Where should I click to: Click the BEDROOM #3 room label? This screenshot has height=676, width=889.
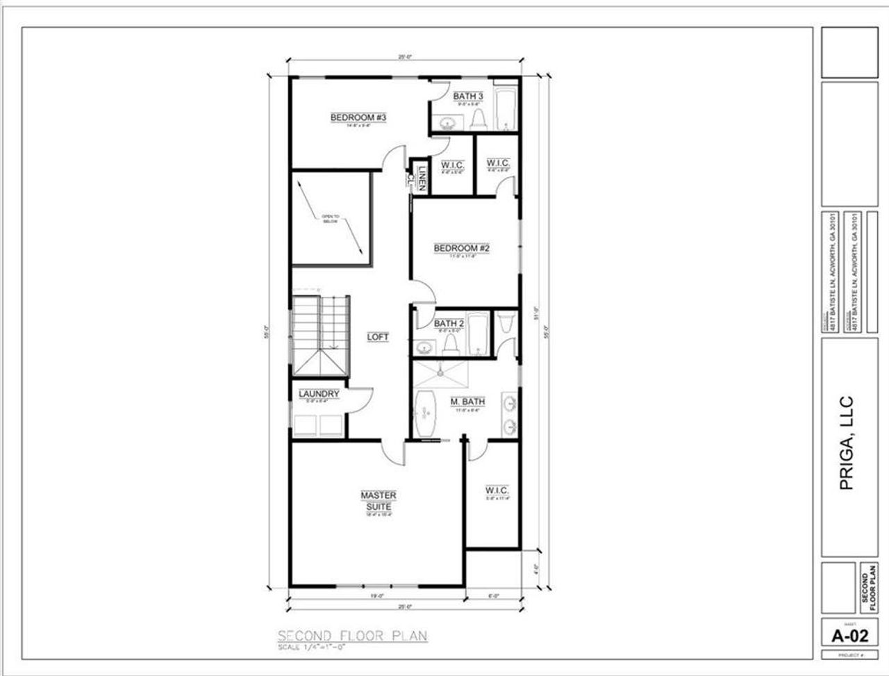pyautogui.click(x=358, y=117)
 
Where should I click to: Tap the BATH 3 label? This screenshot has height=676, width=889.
pyautogui.click(x=468, y=96)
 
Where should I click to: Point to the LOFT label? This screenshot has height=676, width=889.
pyautogui.click(x=378, y=337)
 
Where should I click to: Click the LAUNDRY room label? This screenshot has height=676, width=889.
pyautogui.click(x=319, y=394)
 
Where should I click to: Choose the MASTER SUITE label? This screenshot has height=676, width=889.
pyautogui.click(x=378, y=500)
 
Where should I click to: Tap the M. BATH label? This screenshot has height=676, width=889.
pyautogui.click(x=467, y=402)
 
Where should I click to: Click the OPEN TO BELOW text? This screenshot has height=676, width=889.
pyautogui.click(x=329, y=220)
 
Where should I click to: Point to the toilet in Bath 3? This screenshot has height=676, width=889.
pyautogui.click(x=477, y=119)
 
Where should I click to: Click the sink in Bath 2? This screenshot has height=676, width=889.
pyautogui.click(x=424, y=347)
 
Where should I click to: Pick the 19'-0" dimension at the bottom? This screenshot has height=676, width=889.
pyautogui.click(x=376, y=595)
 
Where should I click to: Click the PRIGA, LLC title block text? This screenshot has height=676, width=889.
pyautogui.click(x=846, y=443)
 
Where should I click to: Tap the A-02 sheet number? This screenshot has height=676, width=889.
pyautogui.click(x=850, y=634)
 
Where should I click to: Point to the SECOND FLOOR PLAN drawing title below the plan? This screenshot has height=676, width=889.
pyautogui.click(x=352, y=635)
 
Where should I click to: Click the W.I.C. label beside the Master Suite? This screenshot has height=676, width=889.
pyautogui.click(x=497, y=490)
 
